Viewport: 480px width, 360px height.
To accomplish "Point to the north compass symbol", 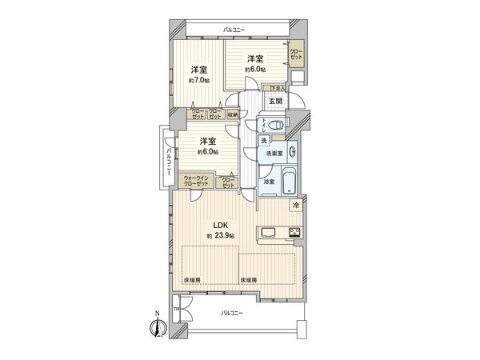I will [158, 327].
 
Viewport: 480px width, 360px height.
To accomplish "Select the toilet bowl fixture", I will [274, 124].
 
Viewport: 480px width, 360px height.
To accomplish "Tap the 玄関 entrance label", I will [275, 101].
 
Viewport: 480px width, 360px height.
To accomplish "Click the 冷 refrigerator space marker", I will [296, 207].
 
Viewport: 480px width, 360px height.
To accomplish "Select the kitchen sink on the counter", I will [269, 234].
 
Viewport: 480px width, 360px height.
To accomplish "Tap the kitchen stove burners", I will [294, 234].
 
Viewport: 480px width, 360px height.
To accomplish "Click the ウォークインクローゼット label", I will [197, 181].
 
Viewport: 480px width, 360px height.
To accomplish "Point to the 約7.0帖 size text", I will [199, 80].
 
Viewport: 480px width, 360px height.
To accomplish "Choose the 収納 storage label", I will [231, 114].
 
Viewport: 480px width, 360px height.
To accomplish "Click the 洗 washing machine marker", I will [264, 141].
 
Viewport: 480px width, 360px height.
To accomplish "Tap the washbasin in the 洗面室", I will [292, 150].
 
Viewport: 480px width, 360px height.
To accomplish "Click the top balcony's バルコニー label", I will [234, 30].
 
